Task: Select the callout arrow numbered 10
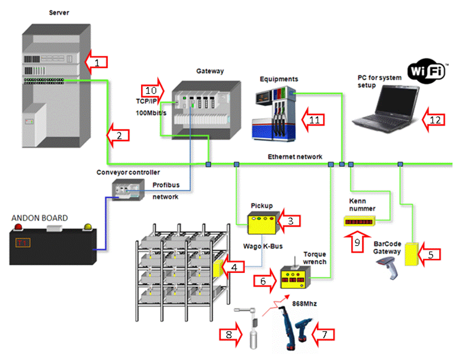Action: pyautogui.click(x=152, y=91)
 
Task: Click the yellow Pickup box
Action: pyautogui.click(x=263, y=223)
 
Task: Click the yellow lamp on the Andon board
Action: pyautogui.click(x=88, y=227)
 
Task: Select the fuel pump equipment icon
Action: pyautogui.click(x=277, y=112)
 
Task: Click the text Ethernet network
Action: pyautogui.click(x=295, y=156)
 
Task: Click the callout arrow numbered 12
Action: pyautogui.click(x=433, y=120)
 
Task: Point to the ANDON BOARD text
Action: pyautogui.click(x=40, y=218)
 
